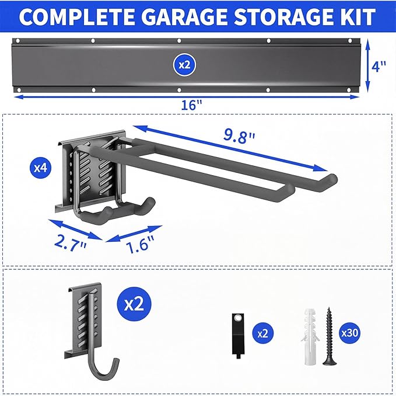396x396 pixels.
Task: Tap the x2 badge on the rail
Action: (184, 65)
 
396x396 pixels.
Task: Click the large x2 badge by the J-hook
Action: (134, 303)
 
